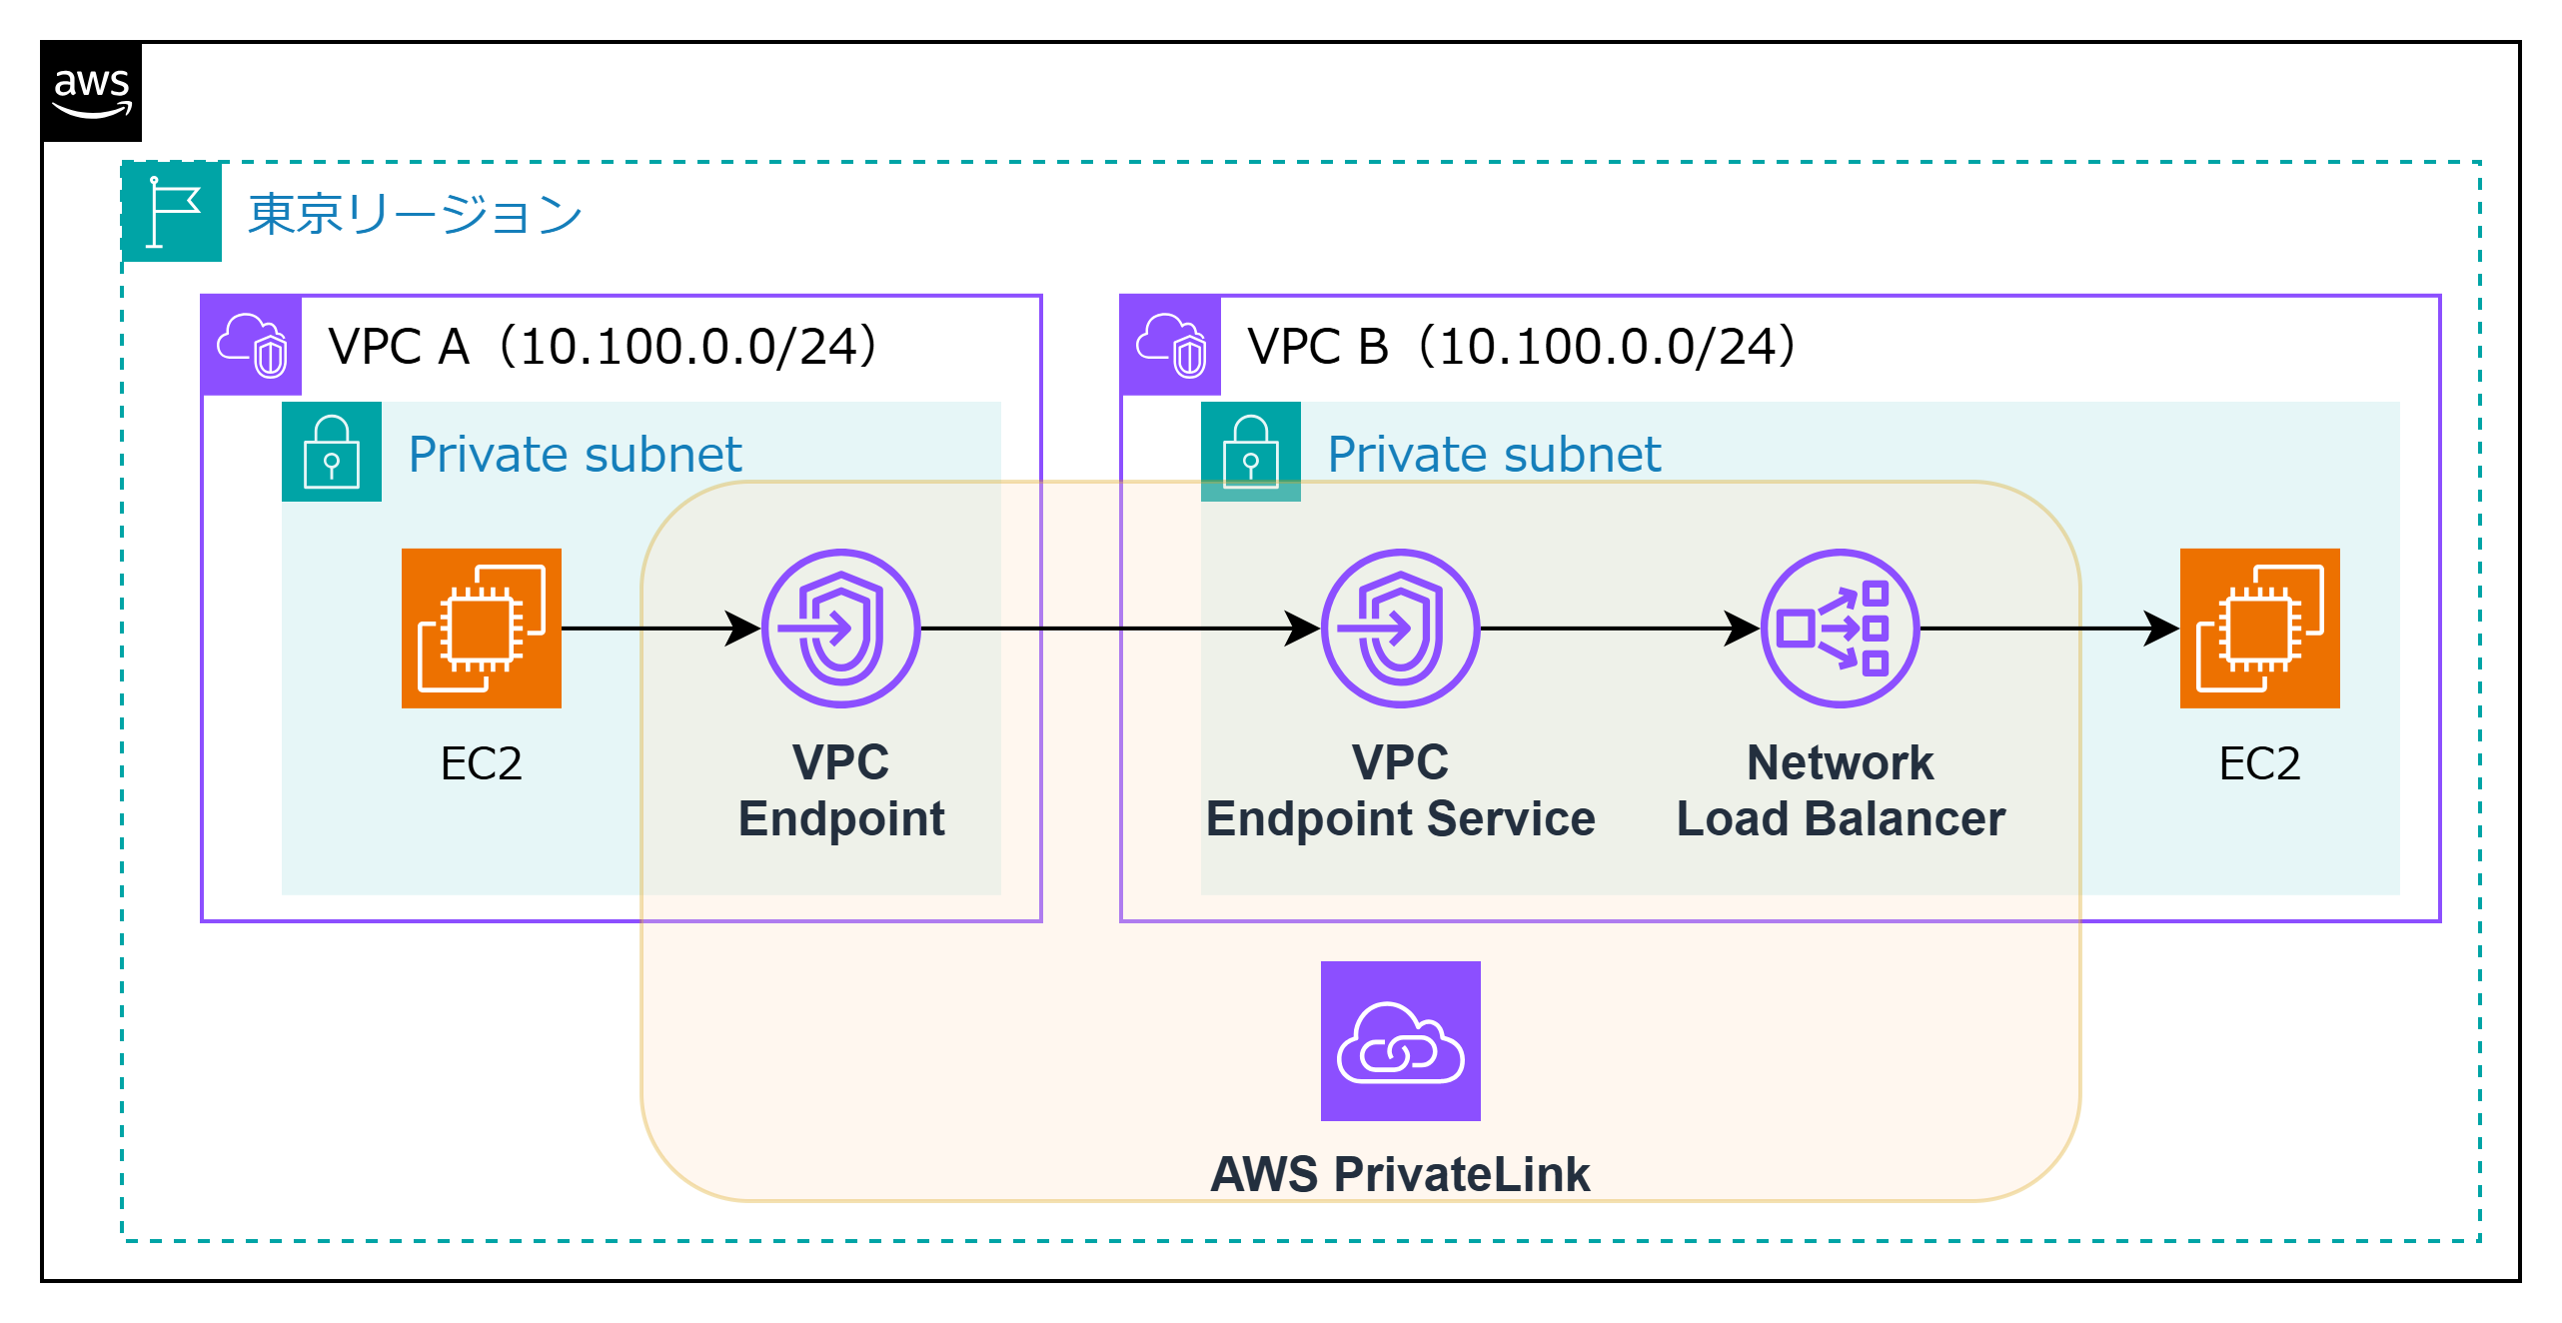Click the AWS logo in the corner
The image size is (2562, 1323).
pyautogui.click(x=92, y=93)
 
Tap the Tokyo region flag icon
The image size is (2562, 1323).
pyautogui.click(x=172, y=212)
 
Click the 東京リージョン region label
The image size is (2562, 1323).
pyautogui.click(x=415, y=214)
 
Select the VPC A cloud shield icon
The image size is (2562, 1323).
pyautogui.click(x=252, y=346)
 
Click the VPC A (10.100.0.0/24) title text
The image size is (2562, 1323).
pyautogui.click(x=603, y=347)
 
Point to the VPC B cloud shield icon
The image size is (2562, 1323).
pyautogui.click(x=1171, y=346)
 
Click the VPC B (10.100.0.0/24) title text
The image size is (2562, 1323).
pyautogui.click(x=1522, y=347)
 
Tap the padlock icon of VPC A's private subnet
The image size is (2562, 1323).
pyautogui.click(x=332, y=452)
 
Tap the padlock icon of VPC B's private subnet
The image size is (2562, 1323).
pyautogui.click(x=1251, y=452)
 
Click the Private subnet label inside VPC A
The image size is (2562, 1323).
pyautogui.click(x=575, y=455)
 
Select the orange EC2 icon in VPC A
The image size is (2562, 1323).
pyautogui.click(x=482, y=629)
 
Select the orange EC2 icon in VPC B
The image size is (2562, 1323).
pyautogui.click(x=2260, y=629)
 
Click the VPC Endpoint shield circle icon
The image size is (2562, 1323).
pyautogui.click(x=841, y=629)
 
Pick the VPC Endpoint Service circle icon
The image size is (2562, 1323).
pyautogui.click(x=1401, y=629)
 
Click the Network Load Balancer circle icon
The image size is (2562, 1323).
pyautogui.click(x=1841, y=629)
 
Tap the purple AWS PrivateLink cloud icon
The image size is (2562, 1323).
pyautogui.click(x=1401, y=1041)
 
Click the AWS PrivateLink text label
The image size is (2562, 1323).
pyautogui.click(x=1401, y=1174)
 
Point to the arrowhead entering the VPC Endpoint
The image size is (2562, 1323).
pyautogui.click(x=742, y=629)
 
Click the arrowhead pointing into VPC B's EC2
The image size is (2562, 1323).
pyautogui.click(x=2161, y=629)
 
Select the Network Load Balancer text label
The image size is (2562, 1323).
pyautogui.click(x=1841, y=790)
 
